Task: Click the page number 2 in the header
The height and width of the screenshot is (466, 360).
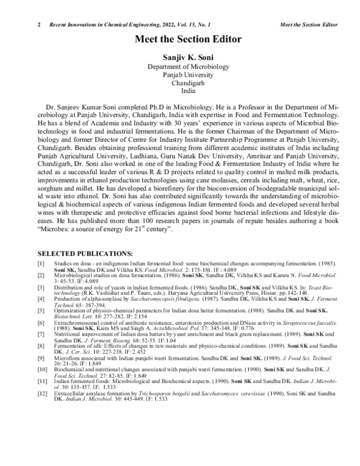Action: click(x=38, y=24)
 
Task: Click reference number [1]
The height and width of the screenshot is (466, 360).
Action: click(x=41, y=264)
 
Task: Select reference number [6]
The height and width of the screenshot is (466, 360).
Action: click(x=41, y=323)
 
